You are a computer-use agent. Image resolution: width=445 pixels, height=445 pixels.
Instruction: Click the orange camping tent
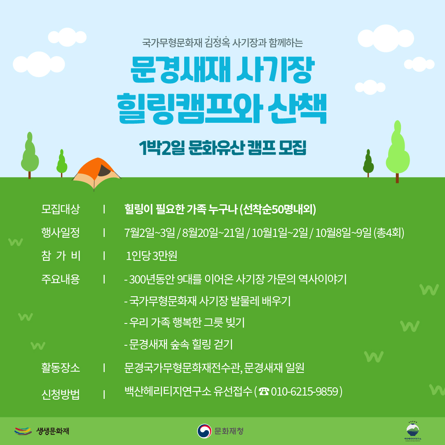click(x=96, y=173)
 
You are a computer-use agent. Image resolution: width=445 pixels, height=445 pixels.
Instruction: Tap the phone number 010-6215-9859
click(x=304, y=391)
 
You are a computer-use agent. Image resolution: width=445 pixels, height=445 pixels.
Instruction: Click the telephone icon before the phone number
click(x=264, y=392)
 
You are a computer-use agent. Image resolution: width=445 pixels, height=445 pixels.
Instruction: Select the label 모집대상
click(x=61, y=209)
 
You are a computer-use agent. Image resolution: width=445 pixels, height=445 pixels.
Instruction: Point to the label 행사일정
click(x=61, y=232)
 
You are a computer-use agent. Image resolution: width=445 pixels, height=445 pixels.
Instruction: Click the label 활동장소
click(x=61, y=368)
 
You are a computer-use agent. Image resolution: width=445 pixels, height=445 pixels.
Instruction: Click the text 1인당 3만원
click(x=152, y=256)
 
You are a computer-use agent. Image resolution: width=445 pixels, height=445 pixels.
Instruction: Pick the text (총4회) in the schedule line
click(x=389, y=233)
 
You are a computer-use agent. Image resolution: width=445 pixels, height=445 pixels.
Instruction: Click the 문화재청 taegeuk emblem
click(x=204, y=431)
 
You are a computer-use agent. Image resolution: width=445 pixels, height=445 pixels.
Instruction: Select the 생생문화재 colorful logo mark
click(x=23, y=431)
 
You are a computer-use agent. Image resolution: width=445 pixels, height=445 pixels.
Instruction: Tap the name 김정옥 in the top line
click(x=217, y=42)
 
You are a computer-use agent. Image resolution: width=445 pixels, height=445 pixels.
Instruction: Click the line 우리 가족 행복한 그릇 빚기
click(x=185, y=323)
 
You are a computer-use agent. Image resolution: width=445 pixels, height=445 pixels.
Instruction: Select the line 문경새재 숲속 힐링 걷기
click(x=178, y=344)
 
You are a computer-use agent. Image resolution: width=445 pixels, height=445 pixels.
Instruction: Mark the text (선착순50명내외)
click(x=278, y=209)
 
